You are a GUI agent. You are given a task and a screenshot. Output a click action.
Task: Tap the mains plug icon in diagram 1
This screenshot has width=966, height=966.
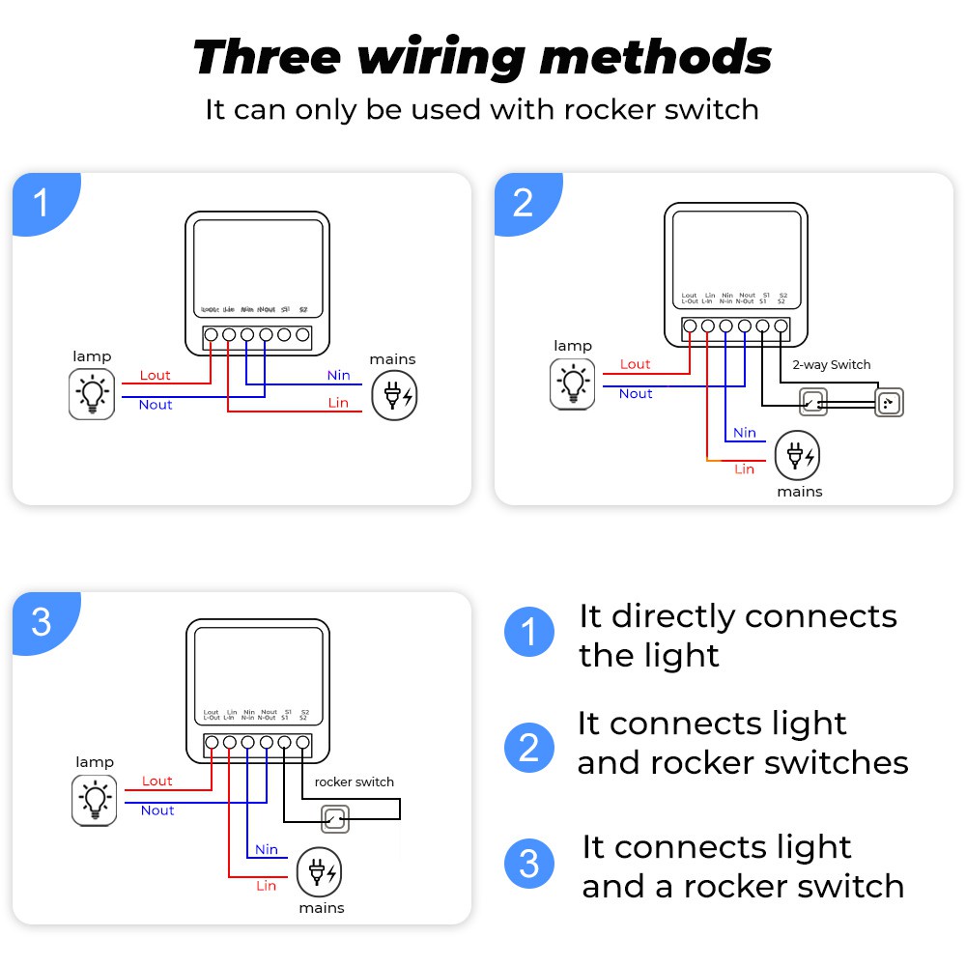click(396, 395)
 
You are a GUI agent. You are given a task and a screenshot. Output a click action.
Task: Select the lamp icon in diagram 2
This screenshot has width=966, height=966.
click(572, 384)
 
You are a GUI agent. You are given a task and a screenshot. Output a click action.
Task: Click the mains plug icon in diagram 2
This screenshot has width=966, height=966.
click(799, 455)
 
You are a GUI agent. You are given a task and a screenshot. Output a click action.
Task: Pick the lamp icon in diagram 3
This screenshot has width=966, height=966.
click(95, 802)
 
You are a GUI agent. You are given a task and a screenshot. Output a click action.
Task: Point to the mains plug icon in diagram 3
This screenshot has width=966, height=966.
click(320, 873)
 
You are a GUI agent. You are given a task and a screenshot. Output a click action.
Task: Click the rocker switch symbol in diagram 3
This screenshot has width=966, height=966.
click(334, 820)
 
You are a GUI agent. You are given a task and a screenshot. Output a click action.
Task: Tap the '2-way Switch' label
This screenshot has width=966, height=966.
click(831, 365)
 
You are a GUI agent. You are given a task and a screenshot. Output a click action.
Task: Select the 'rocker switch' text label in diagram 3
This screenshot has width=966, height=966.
click(355, 781)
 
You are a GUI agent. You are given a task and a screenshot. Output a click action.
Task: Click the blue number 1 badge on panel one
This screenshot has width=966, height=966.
click(41, 204)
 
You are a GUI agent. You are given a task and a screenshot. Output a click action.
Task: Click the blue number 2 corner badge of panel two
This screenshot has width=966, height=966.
click(523, 203)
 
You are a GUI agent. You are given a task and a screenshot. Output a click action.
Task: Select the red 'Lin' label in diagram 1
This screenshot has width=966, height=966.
click(338, 403)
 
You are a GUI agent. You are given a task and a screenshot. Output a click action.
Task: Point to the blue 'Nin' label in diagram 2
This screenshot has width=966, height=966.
click(744, 433)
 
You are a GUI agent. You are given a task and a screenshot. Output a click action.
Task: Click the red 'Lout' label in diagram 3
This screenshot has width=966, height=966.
click(156, 781)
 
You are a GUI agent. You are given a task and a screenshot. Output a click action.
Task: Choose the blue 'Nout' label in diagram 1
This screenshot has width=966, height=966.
click(155, 405)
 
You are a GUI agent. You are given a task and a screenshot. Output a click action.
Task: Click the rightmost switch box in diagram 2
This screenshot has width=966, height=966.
click(889, 403)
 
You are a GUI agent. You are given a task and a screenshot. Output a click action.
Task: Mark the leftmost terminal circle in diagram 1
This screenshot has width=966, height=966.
click(211, 335)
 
